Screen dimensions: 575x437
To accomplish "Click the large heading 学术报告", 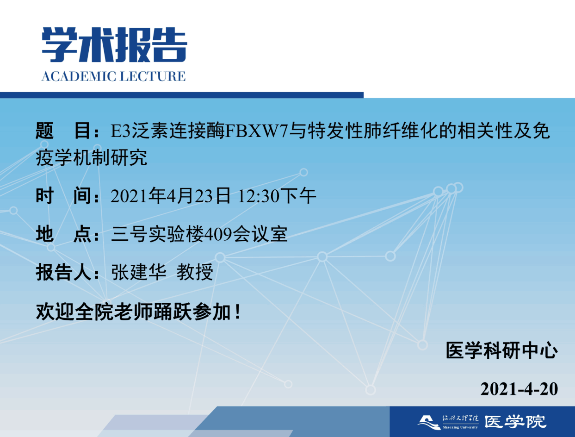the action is pos(114,44).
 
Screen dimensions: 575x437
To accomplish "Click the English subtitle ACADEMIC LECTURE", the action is pos(113,76).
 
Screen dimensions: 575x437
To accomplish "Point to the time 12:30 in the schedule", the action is pos(259,196).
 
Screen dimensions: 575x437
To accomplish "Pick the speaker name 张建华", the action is pos(139,272).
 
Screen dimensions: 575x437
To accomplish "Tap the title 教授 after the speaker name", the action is pos(195,272).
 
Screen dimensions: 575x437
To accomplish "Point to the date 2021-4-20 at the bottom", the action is pos(519,389).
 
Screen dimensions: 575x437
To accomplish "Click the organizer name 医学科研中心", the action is pos(502,350).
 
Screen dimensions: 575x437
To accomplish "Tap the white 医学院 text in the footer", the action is pos(515,422).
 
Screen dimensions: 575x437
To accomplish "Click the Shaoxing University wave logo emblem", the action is pos(429,422).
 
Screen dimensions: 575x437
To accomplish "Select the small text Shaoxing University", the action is pos(460,427).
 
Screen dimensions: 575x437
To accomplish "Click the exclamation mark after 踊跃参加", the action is pos(238,312).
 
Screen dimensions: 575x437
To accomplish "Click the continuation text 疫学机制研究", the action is pos(92,158).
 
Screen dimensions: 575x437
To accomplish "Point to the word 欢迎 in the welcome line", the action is pos(55,312).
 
